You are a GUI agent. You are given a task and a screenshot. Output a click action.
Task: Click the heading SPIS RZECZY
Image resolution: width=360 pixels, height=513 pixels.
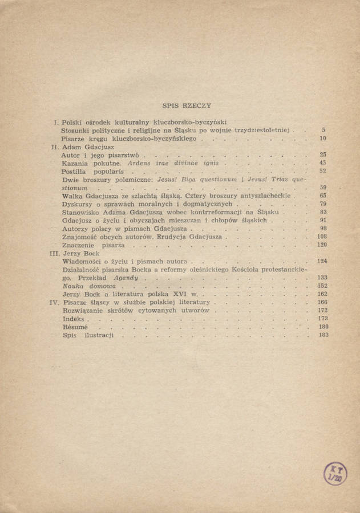click(x=187, y=105)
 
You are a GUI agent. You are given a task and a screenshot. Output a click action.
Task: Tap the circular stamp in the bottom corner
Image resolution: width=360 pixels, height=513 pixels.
click(x=335, y=473)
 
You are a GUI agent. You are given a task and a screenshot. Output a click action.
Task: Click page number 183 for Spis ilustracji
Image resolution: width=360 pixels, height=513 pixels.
click(x=323, y=335)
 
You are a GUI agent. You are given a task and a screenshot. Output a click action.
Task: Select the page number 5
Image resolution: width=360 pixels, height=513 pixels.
click(x=323, y=130)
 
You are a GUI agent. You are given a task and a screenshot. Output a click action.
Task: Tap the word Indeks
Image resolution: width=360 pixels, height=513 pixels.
click(x=73, y=319)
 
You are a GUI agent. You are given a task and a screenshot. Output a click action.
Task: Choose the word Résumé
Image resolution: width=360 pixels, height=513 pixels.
click(x=75, y=327)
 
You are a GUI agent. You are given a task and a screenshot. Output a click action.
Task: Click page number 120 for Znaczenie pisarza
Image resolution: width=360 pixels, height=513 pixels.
click(x=322, y=245)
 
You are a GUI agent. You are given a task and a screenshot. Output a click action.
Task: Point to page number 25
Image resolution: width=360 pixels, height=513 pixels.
click(x=323, y=154)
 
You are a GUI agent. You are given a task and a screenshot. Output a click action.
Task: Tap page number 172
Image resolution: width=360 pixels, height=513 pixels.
click(x=323, y=311)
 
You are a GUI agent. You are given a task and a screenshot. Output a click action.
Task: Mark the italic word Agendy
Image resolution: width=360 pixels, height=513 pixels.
click(x=126, y=278)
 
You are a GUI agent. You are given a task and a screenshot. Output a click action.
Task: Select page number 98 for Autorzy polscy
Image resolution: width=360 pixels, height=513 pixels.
click(x=323, y=228)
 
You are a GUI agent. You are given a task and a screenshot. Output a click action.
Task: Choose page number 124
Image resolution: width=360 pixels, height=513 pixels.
click(x=322, y=261)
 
